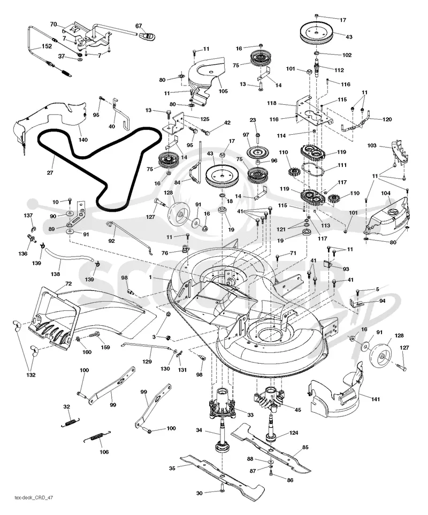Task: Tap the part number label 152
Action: point(47,47)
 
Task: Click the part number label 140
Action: point(83,140)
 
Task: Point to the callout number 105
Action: point(223,91)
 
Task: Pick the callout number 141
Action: point(376,399)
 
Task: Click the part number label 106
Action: point(104,452)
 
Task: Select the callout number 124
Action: point(293,433)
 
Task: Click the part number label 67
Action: point(139,26)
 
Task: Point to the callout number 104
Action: point(386,194)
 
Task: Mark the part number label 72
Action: point(68,284)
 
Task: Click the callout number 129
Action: point(147,362)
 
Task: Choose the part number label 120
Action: point(387,119)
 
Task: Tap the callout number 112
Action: point(339,70)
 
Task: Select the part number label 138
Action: point(55,274)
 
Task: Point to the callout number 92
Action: point(111,241)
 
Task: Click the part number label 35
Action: point(172,468)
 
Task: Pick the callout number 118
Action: point(272,103)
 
